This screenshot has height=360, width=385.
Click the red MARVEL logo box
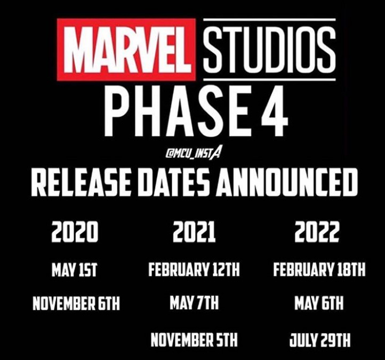(126, 50)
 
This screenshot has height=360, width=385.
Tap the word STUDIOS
(270, 50)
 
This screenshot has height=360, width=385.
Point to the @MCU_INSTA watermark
(192, 154)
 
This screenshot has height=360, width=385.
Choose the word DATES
(174, 183)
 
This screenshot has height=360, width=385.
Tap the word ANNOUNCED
(286, 183)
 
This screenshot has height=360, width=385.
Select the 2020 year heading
(75, 231)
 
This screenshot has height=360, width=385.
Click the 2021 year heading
(194, 231)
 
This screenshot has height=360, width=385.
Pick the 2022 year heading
(317, 231)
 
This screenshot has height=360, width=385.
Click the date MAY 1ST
(74, 270)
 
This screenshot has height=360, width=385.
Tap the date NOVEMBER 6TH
(76, 303)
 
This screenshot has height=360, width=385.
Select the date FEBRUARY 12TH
(194, 269)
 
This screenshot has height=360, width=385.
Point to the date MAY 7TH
(194, 303)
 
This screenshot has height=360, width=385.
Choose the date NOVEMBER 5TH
(194, 340)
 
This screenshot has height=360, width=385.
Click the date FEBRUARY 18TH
(319, 269)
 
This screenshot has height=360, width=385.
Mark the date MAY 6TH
(319, 303)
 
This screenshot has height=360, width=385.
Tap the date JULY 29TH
(320, 340)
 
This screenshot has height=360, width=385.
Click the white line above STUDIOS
(270, 19)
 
